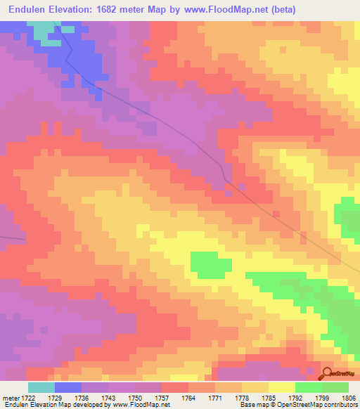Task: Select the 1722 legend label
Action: click(x=29, y=398)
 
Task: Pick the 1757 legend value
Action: click(x=162, y=398)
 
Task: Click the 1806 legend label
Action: click(x=348, y=398)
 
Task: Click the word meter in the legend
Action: click(x=10, y=398)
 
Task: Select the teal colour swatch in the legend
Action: click(x=41, y=387)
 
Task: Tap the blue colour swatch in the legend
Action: click(x=68, y=387)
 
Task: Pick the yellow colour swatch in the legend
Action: click(x=282, y=387)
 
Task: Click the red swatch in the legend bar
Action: click(x=175, y=387)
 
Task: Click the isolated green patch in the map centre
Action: click(x=211, y=264)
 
